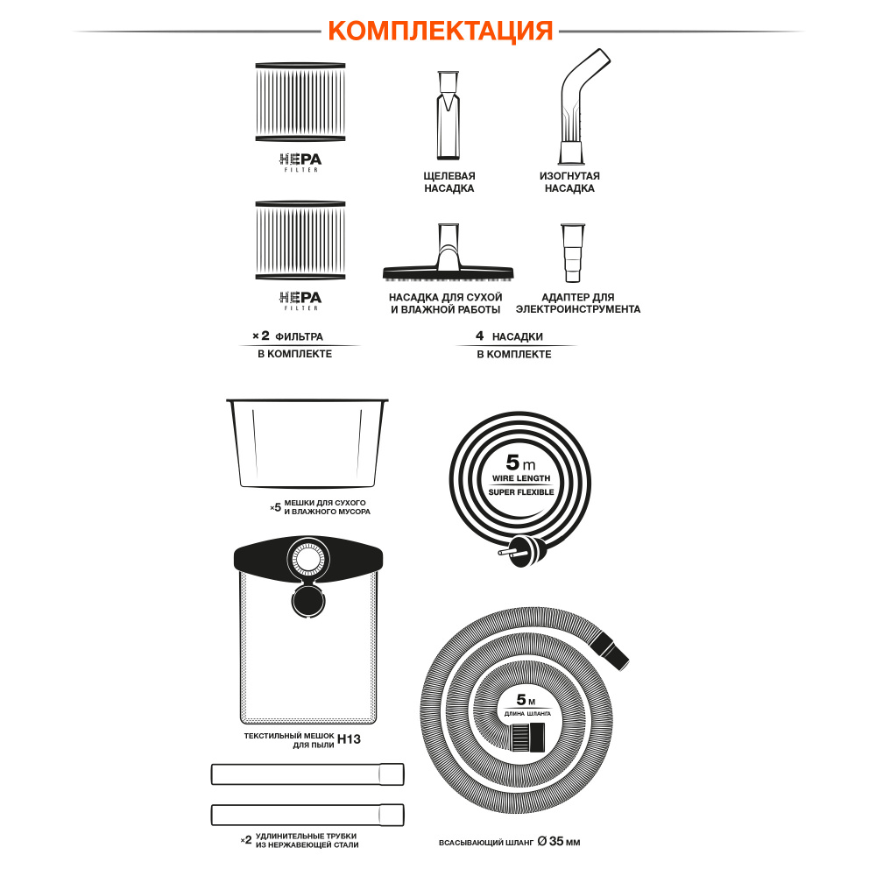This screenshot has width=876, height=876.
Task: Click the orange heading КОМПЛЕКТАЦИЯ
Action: (x=440, y=30)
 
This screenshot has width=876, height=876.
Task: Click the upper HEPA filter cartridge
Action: (x=300, y=102)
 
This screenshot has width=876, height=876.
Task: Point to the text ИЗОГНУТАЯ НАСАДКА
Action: (x=569, y=182)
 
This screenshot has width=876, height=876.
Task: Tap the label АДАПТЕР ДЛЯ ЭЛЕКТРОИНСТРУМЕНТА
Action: (x=577, y=303)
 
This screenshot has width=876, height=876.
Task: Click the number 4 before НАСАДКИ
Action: (x=479, y=336)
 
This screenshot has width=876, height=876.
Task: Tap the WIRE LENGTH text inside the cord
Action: (x=520, y=479)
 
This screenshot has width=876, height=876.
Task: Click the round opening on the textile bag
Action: (x=307, y=557)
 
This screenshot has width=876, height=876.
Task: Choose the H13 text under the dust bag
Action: (x=350, y=738)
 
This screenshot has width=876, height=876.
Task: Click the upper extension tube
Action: (x=307, y=774)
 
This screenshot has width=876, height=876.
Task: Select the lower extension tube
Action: (x=307, y=814)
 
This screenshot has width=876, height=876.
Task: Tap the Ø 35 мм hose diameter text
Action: (x=559, y=842)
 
